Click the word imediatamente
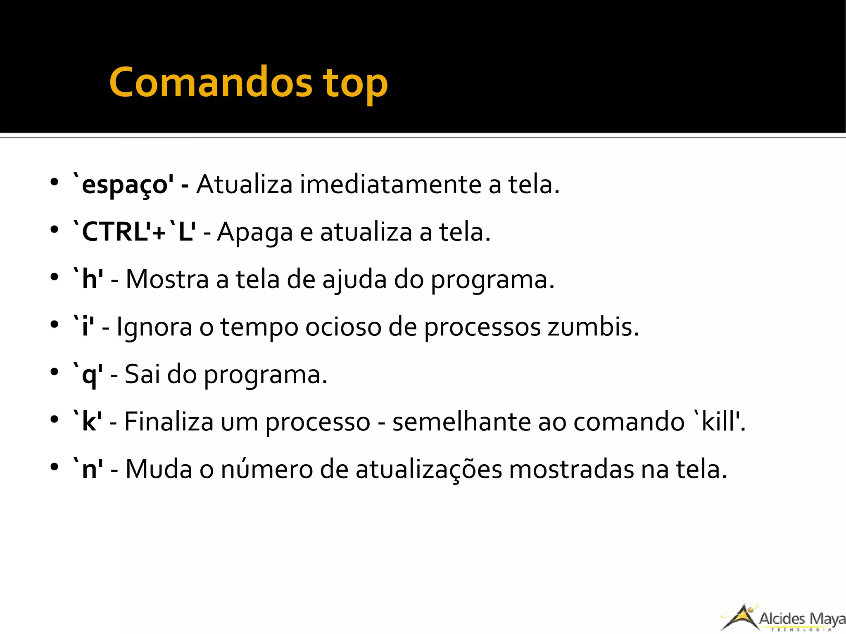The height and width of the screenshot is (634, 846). [x=390, y=184]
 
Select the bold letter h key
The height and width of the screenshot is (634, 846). [x=90, y=280]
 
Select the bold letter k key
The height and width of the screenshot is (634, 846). [x=90, y=422]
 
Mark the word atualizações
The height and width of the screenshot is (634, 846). [x=428, y=470]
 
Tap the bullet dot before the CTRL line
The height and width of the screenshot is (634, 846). [x=54, y=230]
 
